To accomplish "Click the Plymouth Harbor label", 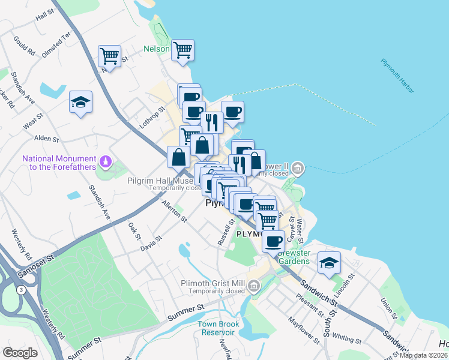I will click(x=397, y=76).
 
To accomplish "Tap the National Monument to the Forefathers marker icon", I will click(x=106, y=161).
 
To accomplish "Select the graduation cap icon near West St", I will click(x=80, y=101).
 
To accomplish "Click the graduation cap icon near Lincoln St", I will click(x=329, y=263).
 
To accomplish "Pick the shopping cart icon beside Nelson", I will click(x=182, y=50).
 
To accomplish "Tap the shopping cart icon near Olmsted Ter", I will click(x=109, y=56).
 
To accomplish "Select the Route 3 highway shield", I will click(x=22, y=290).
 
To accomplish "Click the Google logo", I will click(x=20, y=353).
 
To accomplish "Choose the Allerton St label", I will click(x=175, y=212).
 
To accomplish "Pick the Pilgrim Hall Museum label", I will click(x=159, y=179).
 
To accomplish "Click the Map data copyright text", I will click(x=424, y=355).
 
